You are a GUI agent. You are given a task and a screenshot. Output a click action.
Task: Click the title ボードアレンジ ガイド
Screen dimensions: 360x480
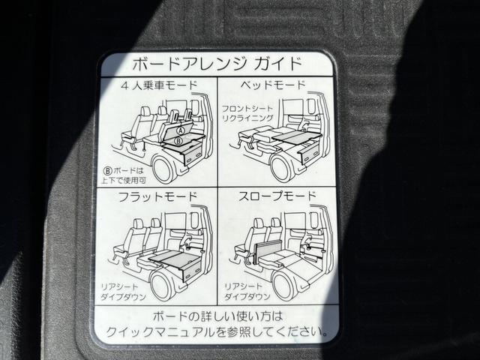click(x=217, y=63)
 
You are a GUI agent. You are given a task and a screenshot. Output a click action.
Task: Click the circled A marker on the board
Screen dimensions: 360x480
click(x=179, y=130)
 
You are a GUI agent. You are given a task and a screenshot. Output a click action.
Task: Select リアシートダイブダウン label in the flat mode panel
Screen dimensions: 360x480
click(x=124, y=292)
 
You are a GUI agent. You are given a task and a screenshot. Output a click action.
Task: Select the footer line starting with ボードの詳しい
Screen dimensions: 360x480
click(x=217, y=315)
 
